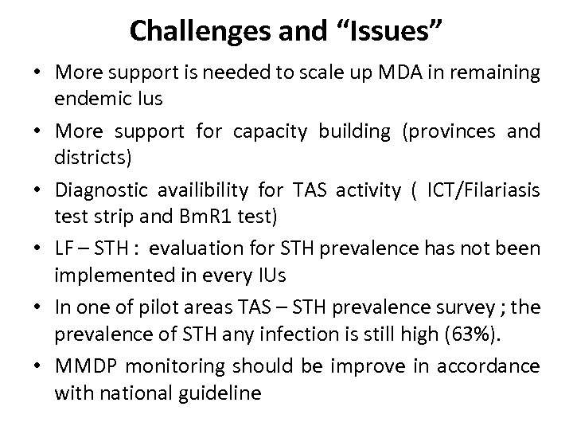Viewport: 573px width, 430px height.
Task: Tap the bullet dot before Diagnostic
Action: pyautogui.click(x=37, y=190)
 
